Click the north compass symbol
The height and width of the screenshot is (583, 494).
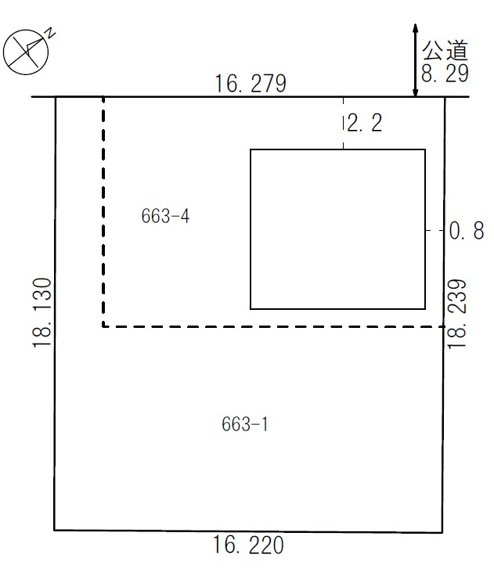(x=26, y=52)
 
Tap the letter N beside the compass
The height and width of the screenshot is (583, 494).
(x=50, y=34)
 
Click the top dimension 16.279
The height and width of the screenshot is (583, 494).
(x=251, y=83)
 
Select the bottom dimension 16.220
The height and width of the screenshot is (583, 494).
(x=248, y=545)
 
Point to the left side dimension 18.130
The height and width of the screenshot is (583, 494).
(x=42, y=313)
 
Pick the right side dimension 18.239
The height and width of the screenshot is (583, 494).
(x=457, y=314)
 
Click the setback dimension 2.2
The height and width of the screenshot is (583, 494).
(x=365, y=123)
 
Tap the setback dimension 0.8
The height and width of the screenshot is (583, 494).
(x=467, y=231)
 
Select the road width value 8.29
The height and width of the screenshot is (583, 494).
(x=445, y=73)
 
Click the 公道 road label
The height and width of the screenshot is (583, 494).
(x=445, y=50)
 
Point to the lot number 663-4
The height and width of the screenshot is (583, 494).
(x=165, y=216)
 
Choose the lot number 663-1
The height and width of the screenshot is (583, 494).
(x=245, y=424)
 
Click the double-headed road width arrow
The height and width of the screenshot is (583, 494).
(x=416, y=60)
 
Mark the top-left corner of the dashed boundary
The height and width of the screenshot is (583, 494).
(x=103, y=97)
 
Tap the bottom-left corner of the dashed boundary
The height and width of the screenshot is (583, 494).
(x=103, y=327)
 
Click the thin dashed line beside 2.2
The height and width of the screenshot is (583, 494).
(x=343, y=123)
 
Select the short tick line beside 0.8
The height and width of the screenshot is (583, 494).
(x=435, y=231)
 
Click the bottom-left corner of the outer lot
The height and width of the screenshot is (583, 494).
(x=55, y=530)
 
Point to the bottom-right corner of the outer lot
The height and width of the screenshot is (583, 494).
(x=442, y=532)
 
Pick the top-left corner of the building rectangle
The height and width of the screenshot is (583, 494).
(x=251, y=149)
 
